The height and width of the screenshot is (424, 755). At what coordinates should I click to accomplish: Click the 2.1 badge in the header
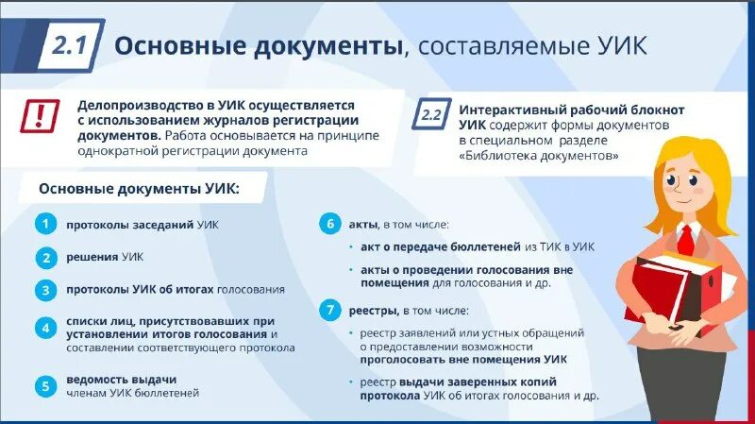pos(71,44)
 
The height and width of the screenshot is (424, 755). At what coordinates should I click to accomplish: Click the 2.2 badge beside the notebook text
pos(430,116)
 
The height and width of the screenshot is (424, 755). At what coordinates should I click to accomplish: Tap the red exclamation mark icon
pos(40,116)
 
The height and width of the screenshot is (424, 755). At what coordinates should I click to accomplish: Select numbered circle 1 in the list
pos(43,225)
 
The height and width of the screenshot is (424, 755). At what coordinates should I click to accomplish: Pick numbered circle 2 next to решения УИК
pos(43,257)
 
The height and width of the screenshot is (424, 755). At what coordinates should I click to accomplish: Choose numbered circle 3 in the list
pos(43,290)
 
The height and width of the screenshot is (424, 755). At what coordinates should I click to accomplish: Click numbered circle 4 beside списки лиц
pos(43,329)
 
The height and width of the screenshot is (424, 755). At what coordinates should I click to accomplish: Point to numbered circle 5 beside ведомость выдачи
pos(43,385)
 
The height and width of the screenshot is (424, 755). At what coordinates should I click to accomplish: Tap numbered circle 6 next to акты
pos(329,225)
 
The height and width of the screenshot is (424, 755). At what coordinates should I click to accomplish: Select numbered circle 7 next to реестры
pos(329,310)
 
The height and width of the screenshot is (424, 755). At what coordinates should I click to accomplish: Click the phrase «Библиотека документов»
pos(539,156)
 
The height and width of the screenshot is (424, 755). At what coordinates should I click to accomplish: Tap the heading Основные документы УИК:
pos(139,189)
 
